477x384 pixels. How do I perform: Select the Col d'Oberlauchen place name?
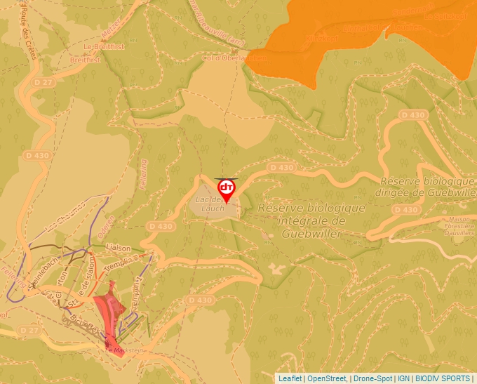click(234, 58)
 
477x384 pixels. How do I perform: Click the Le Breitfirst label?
click(98, 46)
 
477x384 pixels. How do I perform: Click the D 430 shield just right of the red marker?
click(281, 168)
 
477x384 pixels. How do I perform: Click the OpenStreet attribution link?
click(327, 378)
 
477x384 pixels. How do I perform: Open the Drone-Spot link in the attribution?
click(373, 378)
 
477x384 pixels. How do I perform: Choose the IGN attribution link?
click(404, 378)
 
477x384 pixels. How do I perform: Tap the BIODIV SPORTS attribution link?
click(443, 378)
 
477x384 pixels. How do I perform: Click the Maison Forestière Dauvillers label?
click(457, 228)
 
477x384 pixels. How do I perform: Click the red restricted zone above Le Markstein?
click(109, 309)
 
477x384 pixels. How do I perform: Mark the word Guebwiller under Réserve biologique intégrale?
click(311, 234)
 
